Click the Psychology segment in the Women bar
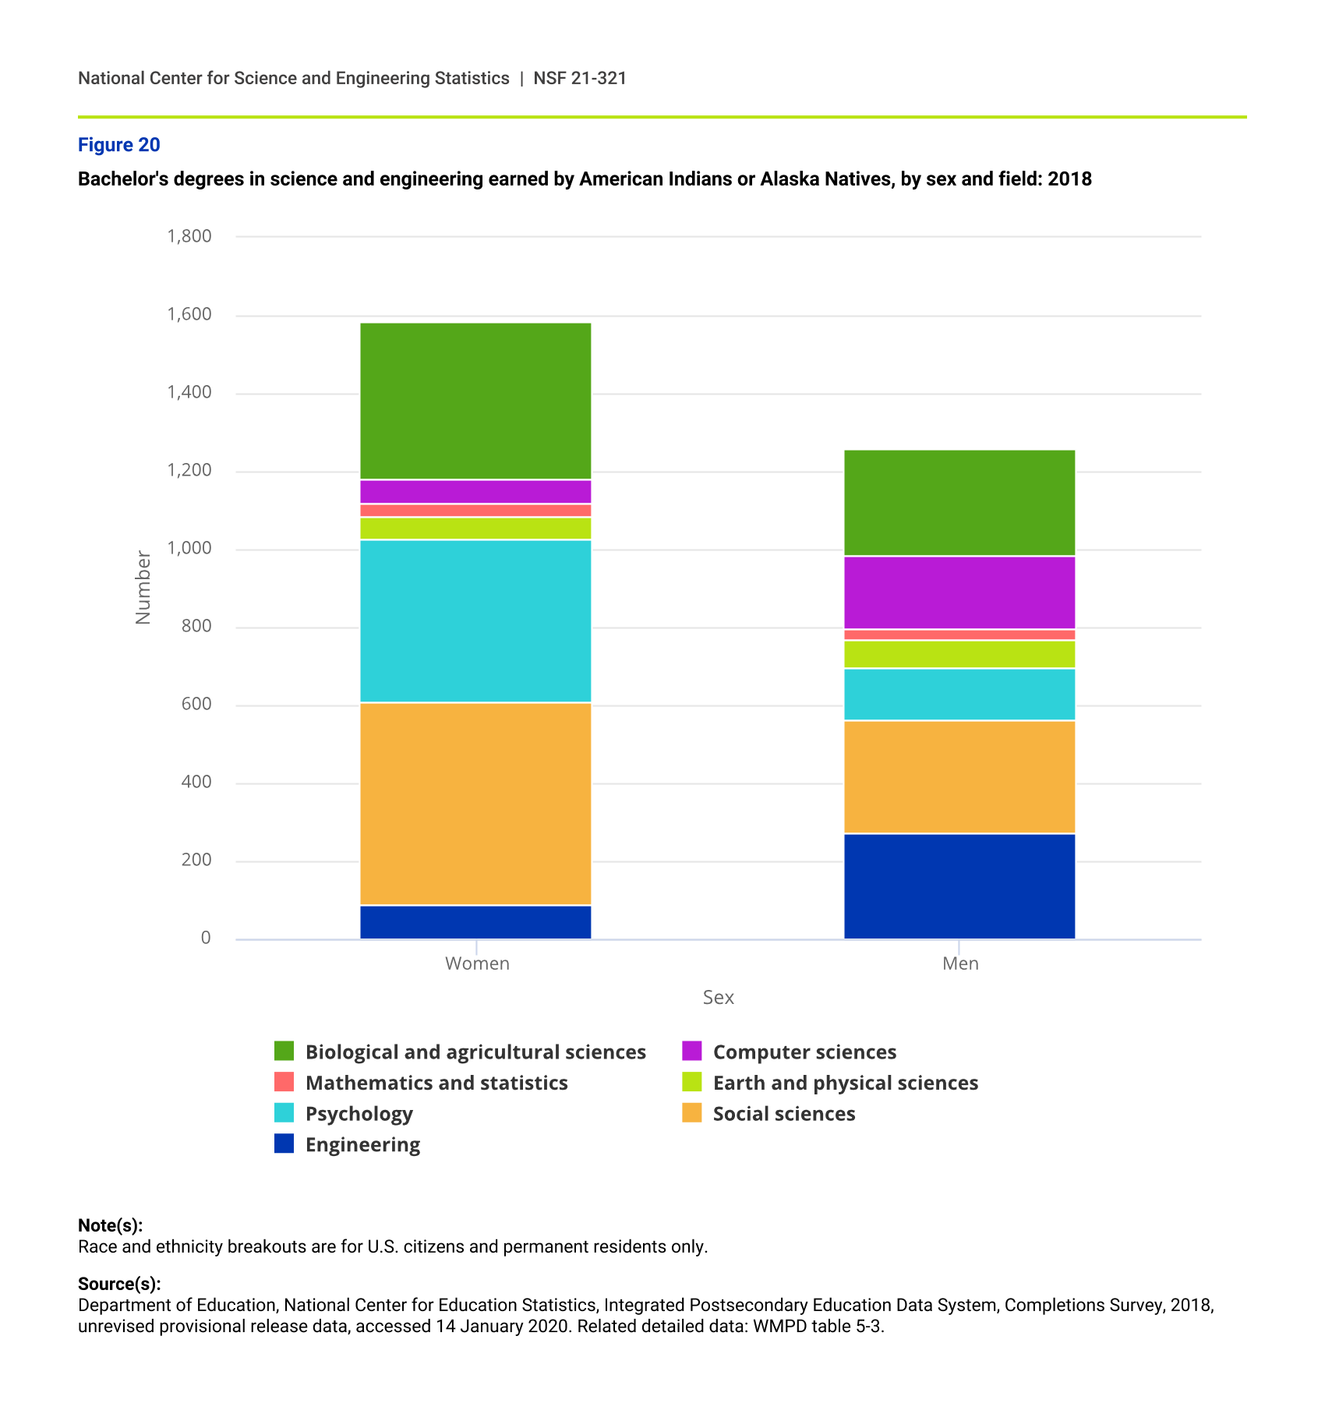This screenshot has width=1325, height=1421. click(475, 621)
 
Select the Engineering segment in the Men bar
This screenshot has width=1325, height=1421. click(959, 886)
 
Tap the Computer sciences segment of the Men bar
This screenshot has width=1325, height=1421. click(959, 592)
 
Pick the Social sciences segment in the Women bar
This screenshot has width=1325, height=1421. click(475, 804)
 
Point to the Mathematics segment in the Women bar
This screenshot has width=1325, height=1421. click(475, 511)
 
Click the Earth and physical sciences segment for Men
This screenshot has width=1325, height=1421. click(959, 655)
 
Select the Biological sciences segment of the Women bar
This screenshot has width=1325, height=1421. click(475, 401)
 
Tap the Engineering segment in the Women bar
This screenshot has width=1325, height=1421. click(475, 922)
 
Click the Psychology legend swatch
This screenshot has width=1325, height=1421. click(284, 1113)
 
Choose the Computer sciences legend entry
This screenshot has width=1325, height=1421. click(804, 1052)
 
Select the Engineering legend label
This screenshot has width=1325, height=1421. click(362, 1144)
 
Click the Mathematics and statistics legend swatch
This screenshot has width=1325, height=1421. click(284, 1082)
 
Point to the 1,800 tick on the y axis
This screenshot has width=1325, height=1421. click(189, 236)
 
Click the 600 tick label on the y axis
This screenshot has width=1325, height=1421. click(196, 704)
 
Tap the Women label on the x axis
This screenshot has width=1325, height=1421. click(477, 963)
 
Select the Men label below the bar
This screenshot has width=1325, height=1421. click(960, 963)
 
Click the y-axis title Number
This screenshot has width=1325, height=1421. click(143, 588)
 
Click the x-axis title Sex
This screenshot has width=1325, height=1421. click(718, 998)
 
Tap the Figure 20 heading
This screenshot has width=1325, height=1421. click(119, 145)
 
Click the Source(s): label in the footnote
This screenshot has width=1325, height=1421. click(119, 1284)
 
